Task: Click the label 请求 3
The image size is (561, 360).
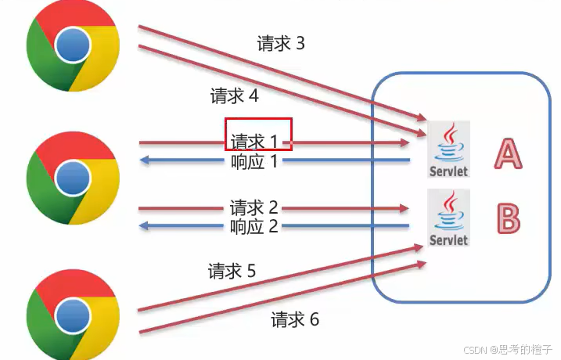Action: pyautogui.click(x=281, y=44)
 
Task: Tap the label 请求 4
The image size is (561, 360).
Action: pyautogui.click(x=234, y=96)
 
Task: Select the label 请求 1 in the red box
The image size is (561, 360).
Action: pyautogui.click(x=254, y=142)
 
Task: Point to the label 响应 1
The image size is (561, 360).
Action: pyautogui.click(x=254, y=161)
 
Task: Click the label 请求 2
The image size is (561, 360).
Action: pyautogui.click(x=254, y=208)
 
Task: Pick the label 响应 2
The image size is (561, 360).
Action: pyautogui.click(x=254, y=227)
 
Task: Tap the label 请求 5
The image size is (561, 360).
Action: pyautogui.click(x=232, y=272)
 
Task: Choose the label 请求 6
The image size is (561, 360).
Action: pyautogui.click(x=295, y=319)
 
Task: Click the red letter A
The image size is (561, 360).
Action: pyautogui.click(x=507, y=153)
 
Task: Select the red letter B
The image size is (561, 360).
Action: pyautogui.click(x=509, y=218)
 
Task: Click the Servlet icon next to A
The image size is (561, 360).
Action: pyautogui.click(x=448, y=149)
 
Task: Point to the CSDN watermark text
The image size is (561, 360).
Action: pyautogui.click(x=507, y=350)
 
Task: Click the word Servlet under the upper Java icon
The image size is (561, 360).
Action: pyautogui.click(x=448, y=170)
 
